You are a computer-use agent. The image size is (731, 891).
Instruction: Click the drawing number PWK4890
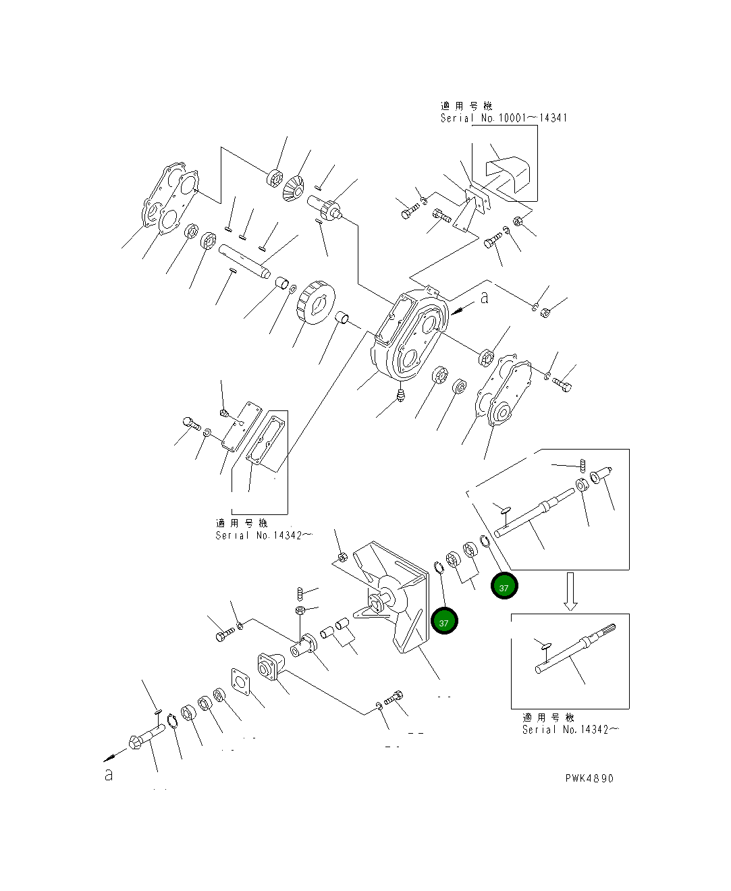point(589,778)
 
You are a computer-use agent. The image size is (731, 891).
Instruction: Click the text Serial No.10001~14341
point(504,118)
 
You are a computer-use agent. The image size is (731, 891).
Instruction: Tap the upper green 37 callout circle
point(504,586)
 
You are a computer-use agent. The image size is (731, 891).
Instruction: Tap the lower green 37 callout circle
point(443,622)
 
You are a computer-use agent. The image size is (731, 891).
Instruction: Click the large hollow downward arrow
point(571,591)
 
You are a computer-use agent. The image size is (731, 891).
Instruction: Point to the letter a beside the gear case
point(485,298)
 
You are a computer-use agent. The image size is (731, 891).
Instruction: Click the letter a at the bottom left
point(109,776)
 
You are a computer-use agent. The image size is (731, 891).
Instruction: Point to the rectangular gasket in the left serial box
point(267,441)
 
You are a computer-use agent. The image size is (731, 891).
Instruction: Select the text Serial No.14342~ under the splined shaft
point(570,730)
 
